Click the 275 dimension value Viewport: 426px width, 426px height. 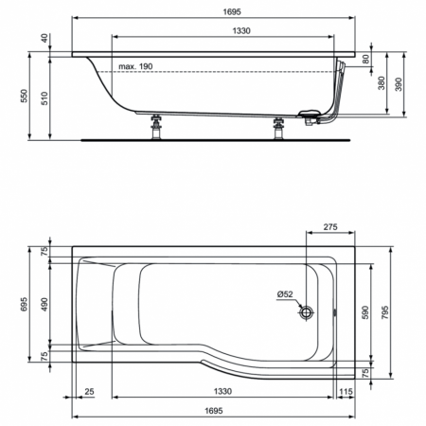click(x=330, y=227)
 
